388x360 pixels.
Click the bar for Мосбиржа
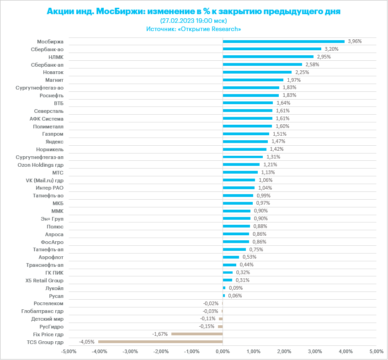(x=283, y=41)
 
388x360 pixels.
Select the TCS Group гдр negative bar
(x=160, y=342)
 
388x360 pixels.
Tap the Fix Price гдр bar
(x=197, y=334)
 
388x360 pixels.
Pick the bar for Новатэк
(x=257, y=72)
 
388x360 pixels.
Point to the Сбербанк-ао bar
(x=272, y=49)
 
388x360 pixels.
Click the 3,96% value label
(x=355, y=41)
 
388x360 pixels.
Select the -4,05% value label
(x=87, y=342)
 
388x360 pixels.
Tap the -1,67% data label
(x=160, y=334)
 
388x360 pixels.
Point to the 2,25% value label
(x=302, y=72)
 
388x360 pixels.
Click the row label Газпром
(x=53, y=134)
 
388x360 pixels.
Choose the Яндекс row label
(x=54, y=142)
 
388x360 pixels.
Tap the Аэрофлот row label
(x=51, y=257)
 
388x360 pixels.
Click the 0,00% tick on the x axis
(x=223, y=351)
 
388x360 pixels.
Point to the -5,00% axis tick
(x=69, y=351)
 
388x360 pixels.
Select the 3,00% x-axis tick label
(x=315, y=351)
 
